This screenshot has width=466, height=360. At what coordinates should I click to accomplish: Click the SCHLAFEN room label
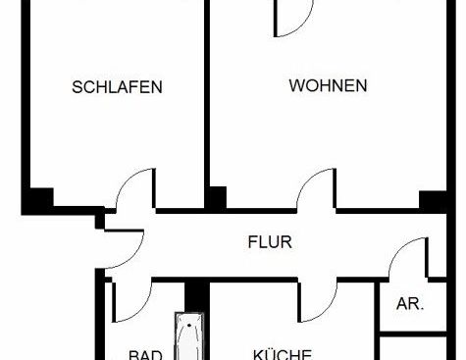pyautogui.click(x=117, y=87)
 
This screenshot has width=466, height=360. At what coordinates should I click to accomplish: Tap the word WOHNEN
pyautogui.click(x=328, y=86)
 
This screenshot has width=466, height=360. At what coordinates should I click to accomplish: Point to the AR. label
pyautogui.click(x=409, y=304)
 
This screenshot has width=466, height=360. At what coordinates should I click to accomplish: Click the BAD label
pyautogui.click(x=146, y=355)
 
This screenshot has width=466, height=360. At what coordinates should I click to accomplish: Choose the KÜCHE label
pyautogui.click(x=282, y=354)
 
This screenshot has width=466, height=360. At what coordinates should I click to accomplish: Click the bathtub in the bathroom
pyautogui.click(x=187, y=338)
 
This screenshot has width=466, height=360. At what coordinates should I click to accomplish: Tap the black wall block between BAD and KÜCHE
pyautogui.click(x=193, y=293)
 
